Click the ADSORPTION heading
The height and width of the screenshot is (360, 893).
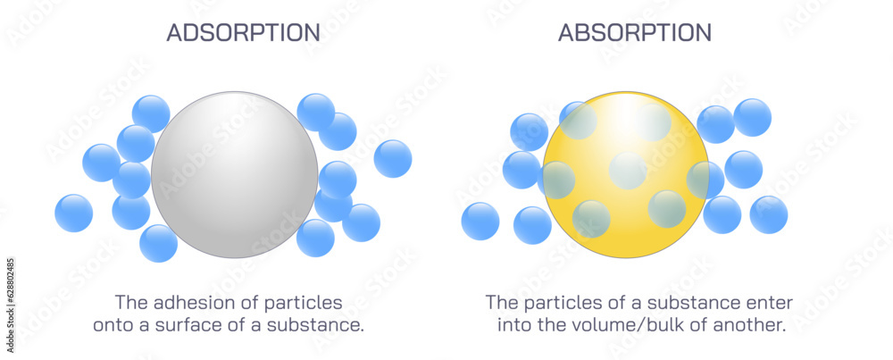[x=243, y=33]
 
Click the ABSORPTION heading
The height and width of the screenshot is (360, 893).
[x=635, y=33]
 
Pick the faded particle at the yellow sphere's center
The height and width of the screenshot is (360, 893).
[x=628, y=171]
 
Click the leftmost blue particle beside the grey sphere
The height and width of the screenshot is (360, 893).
[x=73, y=213]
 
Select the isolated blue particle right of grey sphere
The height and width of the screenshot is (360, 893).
[x=393, y=158]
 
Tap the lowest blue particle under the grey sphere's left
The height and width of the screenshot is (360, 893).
[x=159, y=243]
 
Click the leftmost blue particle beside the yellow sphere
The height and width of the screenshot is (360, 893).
[x=480, y=221]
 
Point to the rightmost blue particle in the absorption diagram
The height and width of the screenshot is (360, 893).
[x=769, y=214]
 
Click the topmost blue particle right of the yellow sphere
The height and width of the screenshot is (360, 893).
[x=753, y=117]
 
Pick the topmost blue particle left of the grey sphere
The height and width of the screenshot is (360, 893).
[x=151, y=113]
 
